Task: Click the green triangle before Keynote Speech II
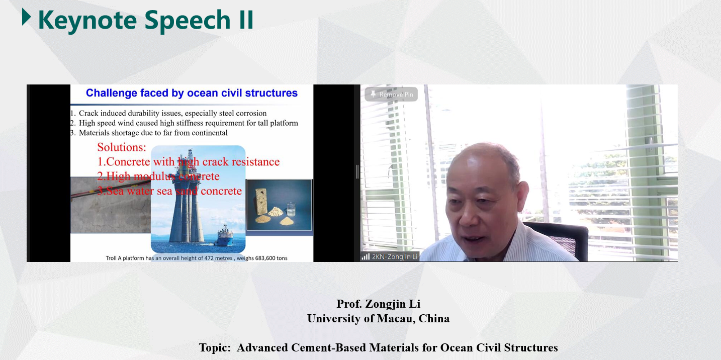(26, 17)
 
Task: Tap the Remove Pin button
(391, 95)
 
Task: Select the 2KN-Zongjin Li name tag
(390, 256)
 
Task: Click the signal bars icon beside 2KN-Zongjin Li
(366, 256)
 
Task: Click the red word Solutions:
(122, 147)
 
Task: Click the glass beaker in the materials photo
(291, 209)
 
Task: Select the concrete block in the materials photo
(261, 201)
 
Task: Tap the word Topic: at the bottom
(215, 348)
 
